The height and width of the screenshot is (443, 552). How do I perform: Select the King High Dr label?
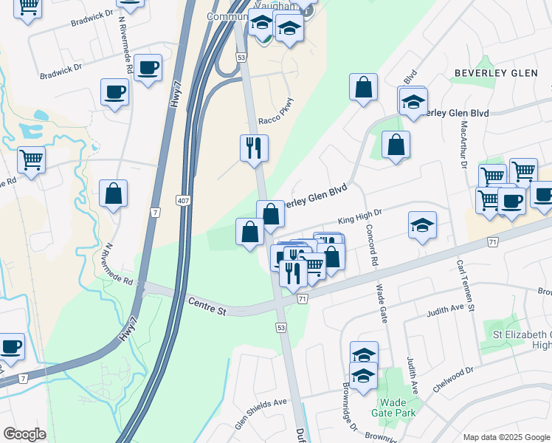coord(359,216)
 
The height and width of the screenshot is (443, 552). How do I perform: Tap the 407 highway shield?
coord(184,200)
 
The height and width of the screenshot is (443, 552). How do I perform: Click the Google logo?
coord(24,433)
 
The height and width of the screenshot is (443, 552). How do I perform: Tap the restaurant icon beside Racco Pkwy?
coord(253,148)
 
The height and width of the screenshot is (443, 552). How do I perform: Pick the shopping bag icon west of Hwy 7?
coord(113,194)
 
